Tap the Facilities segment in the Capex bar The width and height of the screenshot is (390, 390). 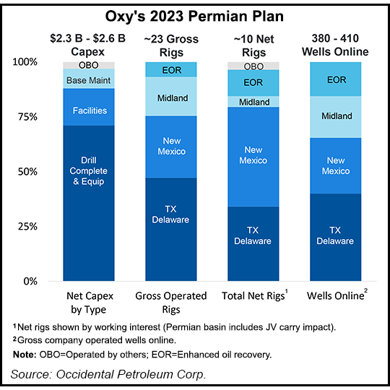pos(89,110)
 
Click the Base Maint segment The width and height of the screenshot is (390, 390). pos(89,79)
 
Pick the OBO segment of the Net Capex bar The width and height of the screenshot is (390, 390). pos(89,66)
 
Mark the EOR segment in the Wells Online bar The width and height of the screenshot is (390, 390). pos(335,79)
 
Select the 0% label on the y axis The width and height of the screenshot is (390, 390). pos(48,281)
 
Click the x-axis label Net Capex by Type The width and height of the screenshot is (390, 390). pos(89,301)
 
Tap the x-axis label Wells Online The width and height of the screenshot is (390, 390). pos(333,295)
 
